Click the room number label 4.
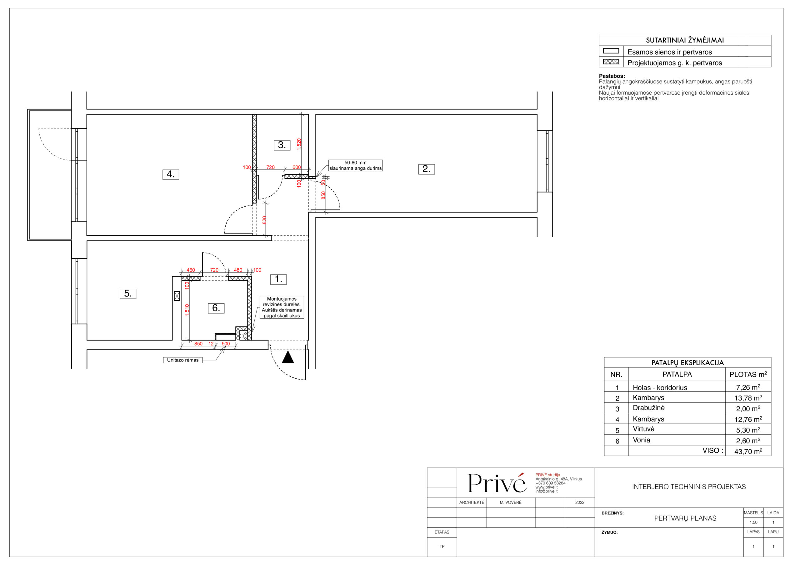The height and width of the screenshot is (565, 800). click(171, 174)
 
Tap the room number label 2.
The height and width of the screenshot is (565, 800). click(427, 169)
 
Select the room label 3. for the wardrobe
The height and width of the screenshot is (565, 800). click(282, 145)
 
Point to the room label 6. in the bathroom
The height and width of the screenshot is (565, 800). click(216, 308)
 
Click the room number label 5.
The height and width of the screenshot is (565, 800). click(128, 293)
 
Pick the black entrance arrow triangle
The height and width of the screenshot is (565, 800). click(288, 357)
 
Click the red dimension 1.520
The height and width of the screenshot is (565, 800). click(299, 144)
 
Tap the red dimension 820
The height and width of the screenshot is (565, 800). click(264, 220)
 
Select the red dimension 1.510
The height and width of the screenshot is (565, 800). click(187, 310)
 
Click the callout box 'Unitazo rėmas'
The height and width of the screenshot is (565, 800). click(182, 360)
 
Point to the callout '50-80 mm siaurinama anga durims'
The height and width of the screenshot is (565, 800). click(355, 165)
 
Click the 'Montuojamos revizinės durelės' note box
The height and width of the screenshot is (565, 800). click(282, 307)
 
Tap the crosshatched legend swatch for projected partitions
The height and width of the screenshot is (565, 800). click(611, 61)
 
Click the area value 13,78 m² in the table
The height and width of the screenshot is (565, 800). click(748, 398)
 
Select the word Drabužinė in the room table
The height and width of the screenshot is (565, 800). click(648, 408)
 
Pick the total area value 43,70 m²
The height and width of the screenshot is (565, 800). click(748, 451)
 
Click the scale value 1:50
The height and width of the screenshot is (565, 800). click(753, 522)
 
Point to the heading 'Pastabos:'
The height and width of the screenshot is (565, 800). click(612, 76)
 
